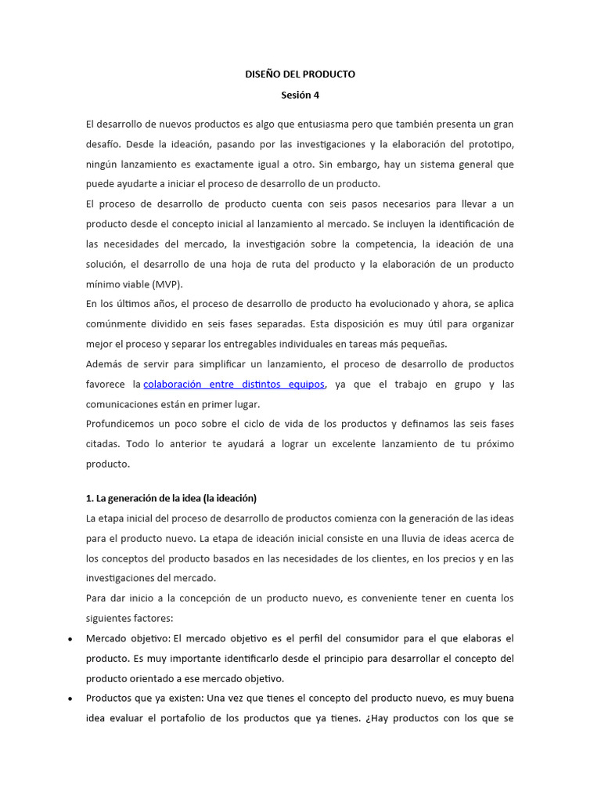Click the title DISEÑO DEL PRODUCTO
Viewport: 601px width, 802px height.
(300, 74)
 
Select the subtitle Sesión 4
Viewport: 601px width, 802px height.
(300, 96)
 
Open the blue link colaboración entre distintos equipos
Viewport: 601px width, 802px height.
(234, 385)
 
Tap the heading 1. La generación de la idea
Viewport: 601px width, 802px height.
(171, 498)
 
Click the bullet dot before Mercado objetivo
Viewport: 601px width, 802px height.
(70, 639)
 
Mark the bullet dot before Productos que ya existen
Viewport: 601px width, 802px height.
(70, 699)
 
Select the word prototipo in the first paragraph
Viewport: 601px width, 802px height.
(490, 145)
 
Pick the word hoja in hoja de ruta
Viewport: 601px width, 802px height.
(235, 265)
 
